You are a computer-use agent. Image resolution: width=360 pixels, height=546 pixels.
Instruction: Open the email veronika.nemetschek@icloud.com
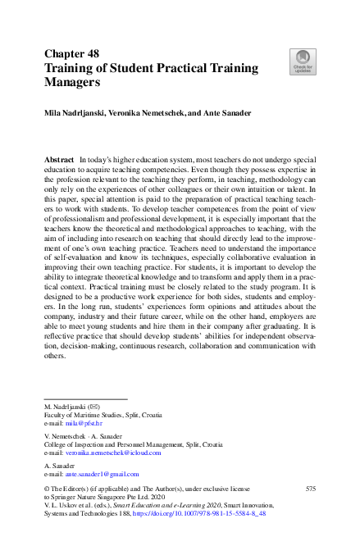[114, 452]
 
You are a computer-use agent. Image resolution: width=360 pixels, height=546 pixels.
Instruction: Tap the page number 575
[310, 489]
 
